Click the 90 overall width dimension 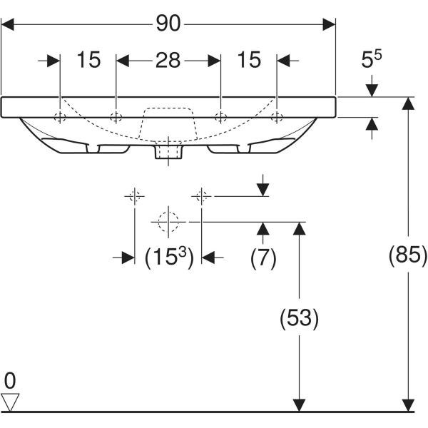[168, 24]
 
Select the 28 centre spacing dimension [168, 60]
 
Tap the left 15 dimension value [88, 59]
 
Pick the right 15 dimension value [249, 59]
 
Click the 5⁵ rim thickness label [371, 58]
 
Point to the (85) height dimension [408, 255]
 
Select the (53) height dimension [299, 317]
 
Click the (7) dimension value [263, 257]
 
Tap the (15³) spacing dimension [169, 257]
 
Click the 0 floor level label [10, 381]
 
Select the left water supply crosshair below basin [135, 196]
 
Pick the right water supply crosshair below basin [201, 196]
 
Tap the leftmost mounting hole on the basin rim [60, 118]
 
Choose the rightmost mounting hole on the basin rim [277, 118]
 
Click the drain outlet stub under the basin [168, 152]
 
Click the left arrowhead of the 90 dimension [7, 24]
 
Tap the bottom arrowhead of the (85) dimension [408, 405]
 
